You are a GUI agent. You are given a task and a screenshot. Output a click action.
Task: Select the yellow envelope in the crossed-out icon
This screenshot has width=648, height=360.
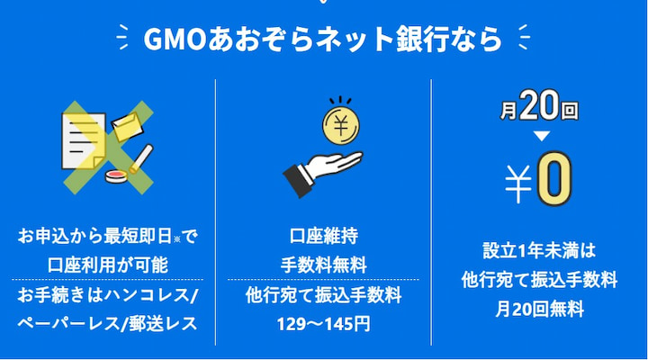coord(125,128)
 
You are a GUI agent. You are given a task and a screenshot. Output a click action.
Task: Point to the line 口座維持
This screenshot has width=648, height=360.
coord(323,238)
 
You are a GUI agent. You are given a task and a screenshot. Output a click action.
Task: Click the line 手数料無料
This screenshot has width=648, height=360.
coord(323,265)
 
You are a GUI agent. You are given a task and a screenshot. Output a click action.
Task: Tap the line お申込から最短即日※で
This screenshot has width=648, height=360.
coord(107,238)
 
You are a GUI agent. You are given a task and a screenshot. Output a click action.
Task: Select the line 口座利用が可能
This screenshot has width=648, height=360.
coord(107,265)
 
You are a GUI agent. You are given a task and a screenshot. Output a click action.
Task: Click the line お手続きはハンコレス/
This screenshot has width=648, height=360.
coord(107,296)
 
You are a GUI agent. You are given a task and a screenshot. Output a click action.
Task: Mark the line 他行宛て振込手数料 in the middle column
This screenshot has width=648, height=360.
coord(323,296)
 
